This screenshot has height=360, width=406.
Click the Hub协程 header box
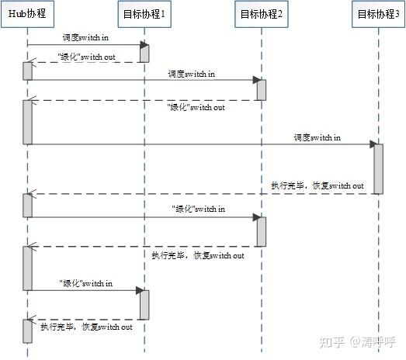coord(28,12)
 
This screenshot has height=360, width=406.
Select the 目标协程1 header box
coord(144,12)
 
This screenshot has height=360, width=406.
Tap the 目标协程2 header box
coord(261,12)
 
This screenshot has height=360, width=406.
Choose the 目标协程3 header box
coord(378,12)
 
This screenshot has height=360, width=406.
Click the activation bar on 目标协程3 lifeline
coord(378,168)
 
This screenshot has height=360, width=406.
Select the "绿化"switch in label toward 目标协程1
coord(85,283)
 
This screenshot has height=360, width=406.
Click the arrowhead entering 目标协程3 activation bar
coord(373,144)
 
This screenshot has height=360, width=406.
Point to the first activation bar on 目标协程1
coord(144,53)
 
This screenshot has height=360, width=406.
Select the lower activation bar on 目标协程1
coord(144,303)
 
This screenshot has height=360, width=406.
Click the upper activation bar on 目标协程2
coord(262,89)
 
